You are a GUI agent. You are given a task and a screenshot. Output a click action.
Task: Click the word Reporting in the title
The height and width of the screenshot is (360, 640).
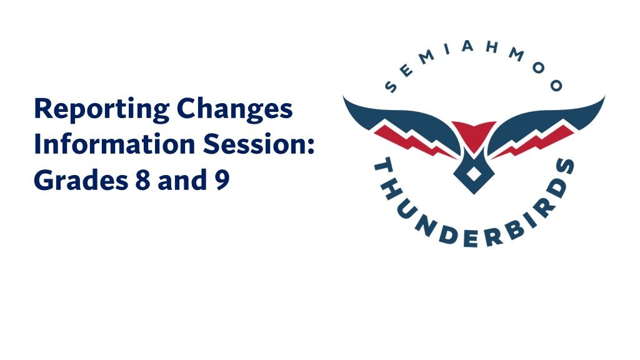coord(102,109)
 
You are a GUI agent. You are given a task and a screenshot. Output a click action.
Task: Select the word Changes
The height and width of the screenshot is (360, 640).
coord(235,109)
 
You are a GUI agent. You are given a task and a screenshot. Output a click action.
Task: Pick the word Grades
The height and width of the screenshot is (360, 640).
coord(81,181)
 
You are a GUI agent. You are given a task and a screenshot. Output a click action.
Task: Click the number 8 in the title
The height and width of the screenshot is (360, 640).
coord(143,181)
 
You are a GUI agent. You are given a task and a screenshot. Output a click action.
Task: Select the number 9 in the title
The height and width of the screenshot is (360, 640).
coord(222,181)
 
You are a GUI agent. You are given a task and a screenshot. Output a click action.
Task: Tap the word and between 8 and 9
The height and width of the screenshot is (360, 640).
coord(182,179)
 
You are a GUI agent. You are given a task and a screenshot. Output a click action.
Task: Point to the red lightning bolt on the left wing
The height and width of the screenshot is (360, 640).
coord(414,141)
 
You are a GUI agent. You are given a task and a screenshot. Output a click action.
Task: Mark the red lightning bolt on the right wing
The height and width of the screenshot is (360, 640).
coord(532,141)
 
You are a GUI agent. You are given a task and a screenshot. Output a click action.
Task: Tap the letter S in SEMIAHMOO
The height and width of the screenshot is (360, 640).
coord(391,86)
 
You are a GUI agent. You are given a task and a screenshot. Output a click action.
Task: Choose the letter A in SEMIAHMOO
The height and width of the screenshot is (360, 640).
coord(467,47)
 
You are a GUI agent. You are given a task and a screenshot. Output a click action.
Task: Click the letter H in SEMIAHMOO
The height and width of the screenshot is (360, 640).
coord(492,47)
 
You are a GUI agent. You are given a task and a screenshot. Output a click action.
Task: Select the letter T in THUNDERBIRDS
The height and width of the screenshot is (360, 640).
coord(383,169)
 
